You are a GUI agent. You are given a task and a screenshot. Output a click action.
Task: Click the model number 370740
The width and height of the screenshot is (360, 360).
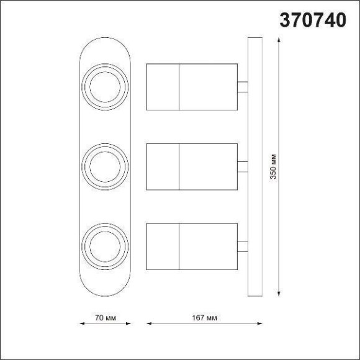coord(313,20)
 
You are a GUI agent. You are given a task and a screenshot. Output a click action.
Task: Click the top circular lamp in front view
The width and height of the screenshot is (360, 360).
coord(106,86)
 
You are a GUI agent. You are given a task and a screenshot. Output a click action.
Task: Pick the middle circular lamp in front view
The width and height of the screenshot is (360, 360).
coord(106,166)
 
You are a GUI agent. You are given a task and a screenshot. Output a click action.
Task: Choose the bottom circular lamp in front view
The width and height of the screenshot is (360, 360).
coord(106,245)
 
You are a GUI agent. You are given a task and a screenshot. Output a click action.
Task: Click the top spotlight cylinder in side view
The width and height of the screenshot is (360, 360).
coord(192,86)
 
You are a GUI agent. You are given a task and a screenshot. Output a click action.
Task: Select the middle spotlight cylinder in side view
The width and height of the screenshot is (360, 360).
coord(192,166)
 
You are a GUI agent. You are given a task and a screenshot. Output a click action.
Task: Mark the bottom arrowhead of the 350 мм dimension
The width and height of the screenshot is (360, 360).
coord(279,294)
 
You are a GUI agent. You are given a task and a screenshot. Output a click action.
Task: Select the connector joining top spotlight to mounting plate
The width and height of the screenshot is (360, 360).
coord(242,86)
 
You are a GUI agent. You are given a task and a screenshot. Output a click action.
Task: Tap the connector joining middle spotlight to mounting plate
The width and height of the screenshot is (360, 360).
coord(242,166)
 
